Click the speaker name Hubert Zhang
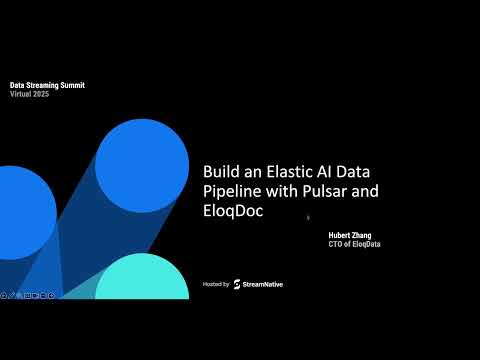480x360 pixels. click(349, 236)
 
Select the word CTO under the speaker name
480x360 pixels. click(336, 245)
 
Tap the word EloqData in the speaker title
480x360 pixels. click(366, 245)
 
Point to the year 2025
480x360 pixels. click(40, 93)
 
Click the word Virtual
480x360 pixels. click(19, 93)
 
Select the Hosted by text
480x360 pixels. click(215, 285)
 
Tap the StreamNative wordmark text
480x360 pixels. click(263, 285)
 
